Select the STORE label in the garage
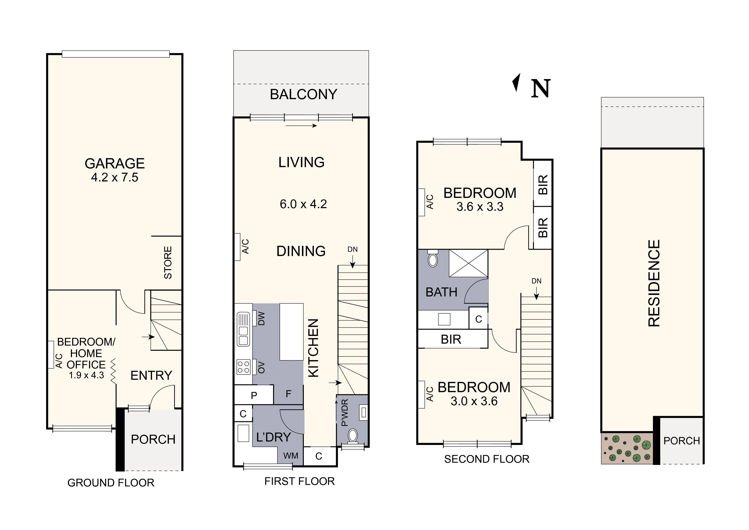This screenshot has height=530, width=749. [x=168, y=263]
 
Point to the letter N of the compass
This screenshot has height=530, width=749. [x=541, y=89]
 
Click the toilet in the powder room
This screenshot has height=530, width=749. [x=353, y=435]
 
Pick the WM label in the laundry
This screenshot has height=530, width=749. [x=290, y=456]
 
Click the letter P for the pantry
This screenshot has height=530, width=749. [x=254, y=395]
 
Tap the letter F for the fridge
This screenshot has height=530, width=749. [x=288, y=394]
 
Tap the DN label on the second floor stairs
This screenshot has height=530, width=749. [x=536, y=281]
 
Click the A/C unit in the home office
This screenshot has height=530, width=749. [x=51, y=355]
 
